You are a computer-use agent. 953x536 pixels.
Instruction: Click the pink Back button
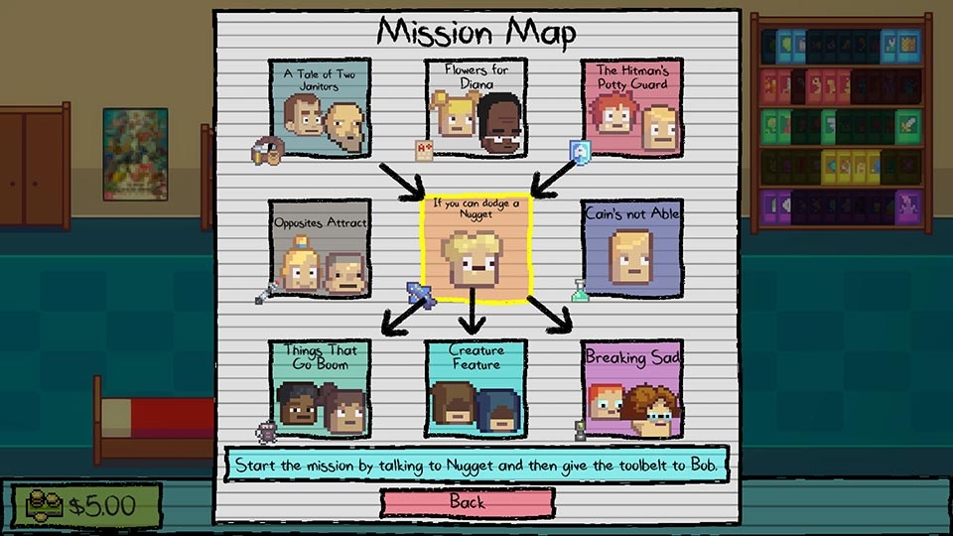(x=468, y=502)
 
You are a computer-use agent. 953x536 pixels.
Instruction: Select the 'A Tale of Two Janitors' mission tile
(x=320, y=108)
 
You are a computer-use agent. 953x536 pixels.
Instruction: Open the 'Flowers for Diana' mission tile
(x=476, y=107)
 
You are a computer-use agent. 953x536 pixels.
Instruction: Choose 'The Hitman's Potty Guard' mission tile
(x=632, y=107)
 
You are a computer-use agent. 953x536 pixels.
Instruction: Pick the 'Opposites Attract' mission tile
(x=320, y=248)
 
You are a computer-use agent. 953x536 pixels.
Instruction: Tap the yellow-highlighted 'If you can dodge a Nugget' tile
(x=476, y=248)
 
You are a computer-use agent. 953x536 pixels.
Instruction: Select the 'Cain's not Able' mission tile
(x=632, y=248)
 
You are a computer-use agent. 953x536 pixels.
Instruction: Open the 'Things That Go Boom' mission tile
(x=320, y=389)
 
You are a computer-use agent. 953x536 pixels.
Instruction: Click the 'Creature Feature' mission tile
(x=476, y=389)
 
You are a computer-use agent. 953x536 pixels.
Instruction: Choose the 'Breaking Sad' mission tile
(x=632, y=389)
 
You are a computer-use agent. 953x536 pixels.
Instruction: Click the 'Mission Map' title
(x=476, y=32)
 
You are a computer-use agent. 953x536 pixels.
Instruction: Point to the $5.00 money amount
(x=101, y=505)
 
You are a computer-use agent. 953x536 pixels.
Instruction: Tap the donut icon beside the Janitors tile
(x=267, y=150)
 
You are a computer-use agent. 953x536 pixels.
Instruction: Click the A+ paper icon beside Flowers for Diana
(x=424, y=150)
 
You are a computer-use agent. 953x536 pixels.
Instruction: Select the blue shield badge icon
(x=581, y=152)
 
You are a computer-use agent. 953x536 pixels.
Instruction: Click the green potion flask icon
(x=581, y=291)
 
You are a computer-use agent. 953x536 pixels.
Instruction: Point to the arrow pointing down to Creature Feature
(x=473, y=311)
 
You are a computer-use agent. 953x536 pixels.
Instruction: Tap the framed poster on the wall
(x=136, y=155)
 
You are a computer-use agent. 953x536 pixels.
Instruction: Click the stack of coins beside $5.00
(x=43, y=505)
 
